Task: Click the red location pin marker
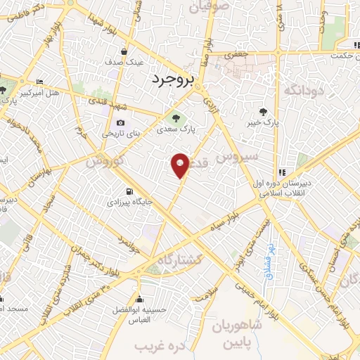(180, 165)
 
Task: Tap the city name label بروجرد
(172, 79)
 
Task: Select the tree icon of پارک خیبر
(263, 111)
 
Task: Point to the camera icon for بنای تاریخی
(121, 122)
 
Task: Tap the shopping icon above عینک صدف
(124, 51)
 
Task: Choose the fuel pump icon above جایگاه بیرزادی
(128, 191)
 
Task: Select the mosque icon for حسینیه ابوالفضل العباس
(139, 299)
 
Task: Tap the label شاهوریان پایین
(236, 335)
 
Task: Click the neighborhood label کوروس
(105, 160)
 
